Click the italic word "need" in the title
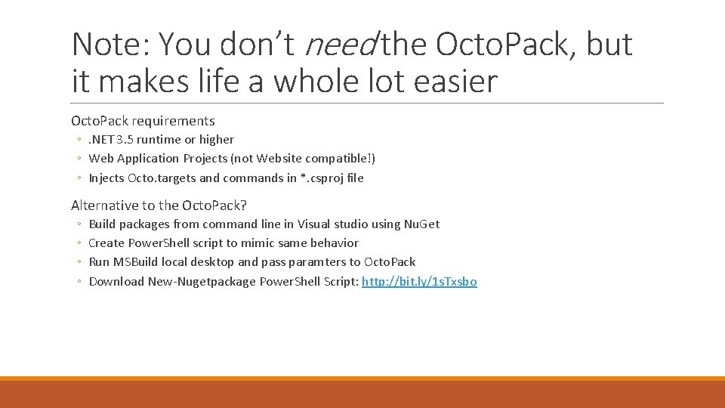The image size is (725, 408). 340,45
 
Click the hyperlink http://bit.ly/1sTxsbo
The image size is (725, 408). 419,281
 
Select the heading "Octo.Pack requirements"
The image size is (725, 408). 143,121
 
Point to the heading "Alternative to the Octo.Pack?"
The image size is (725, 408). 159,205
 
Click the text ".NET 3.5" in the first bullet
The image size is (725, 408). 112,140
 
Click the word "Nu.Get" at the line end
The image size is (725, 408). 421,224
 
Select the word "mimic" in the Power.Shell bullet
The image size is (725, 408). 258,243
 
